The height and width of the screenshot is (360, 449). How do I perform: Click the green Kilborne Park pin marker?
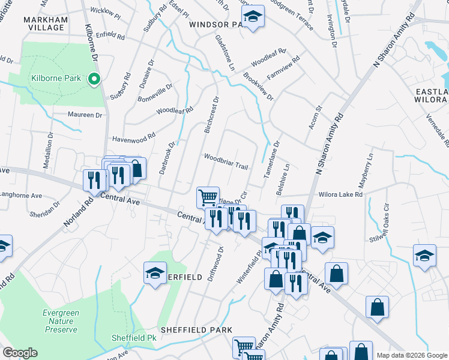93,79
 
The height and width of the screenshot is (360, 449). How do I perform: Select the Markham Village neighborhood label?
44,23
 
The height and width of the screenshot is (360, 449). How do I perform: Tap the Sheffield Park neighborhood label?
196,330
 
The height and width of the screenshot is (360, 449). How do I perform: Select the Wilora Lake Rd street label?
342,194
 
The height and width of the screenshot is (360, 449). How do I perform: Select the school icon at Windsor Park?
253,18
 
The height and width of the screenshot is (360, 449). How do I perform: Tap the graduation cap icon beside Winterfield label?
155,273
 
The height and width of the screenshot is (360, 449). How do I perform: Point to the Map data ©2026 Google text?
412,355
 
